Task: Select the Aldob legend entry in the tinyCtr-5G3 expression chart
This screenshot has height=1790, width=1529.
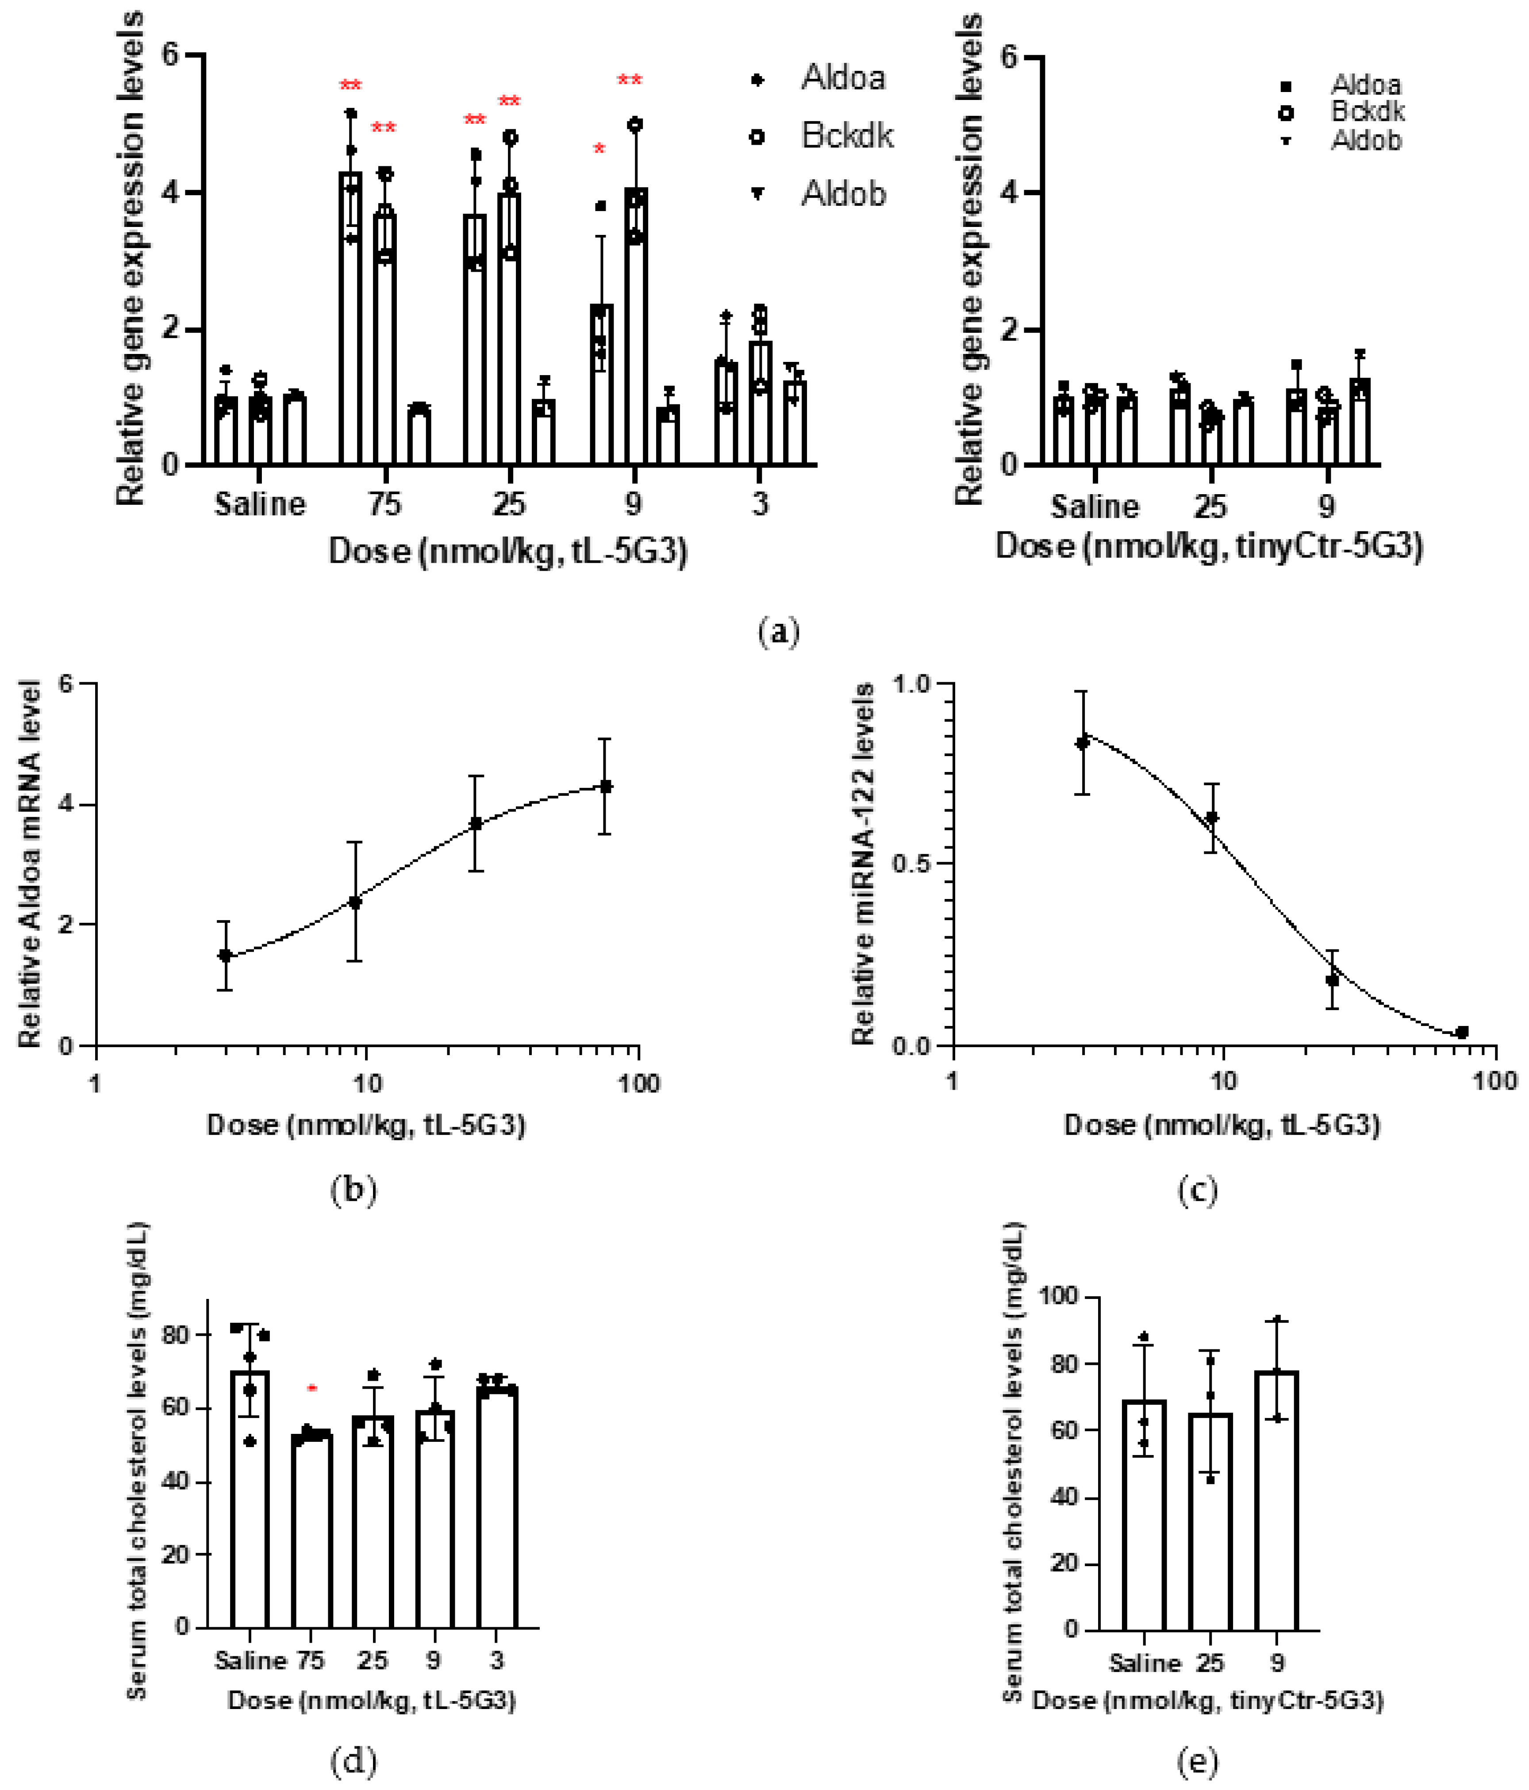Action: [1365, 140]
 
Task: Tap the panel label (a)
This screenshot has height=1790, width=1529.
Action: [777, 631]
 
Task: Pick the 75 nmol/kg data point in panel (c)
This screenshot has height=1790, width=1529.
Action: [1462, 1032]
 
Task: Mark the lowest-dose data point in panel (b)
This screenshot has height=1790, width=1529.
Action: [225, 956]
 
